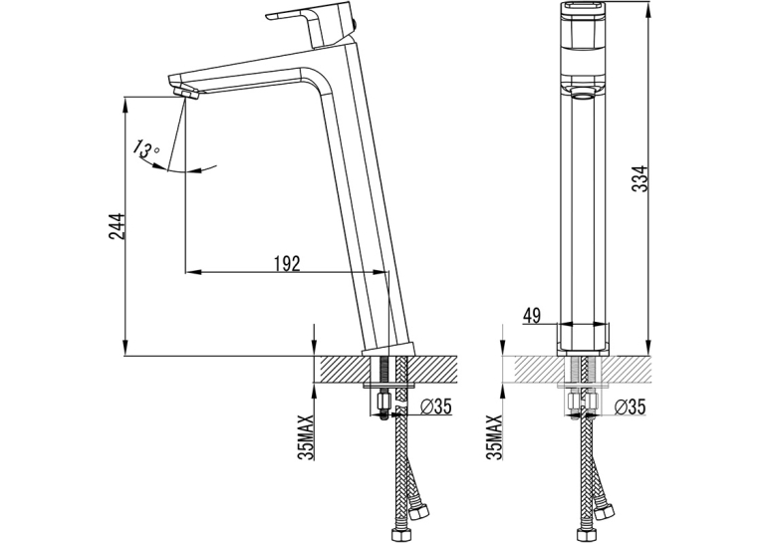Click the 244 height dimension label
click(118, 226)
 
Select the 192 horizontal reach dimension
click(287, 263)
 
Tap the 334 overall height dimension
click(641, 179)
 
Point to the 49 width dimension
click(531, 316)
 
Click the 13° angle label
click(145, 148)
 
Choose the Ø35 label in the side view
click(433, 407)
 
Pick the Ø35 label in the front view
click(630, 407)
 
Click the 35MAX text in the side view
click(308, 437)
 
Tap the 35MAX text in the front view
click(496, 437)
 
